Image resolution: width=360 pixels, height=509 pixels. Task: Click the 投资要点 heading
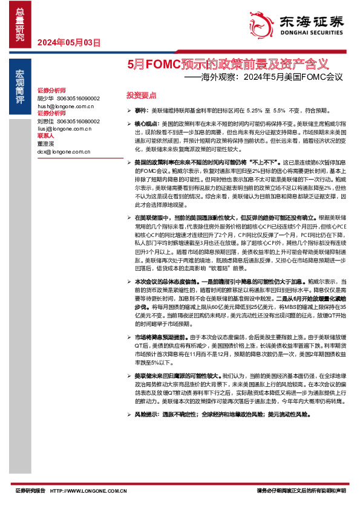[x=141, y=96]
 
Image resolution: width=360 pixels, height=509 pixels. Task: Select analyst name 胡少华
[x=46, y=97]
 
